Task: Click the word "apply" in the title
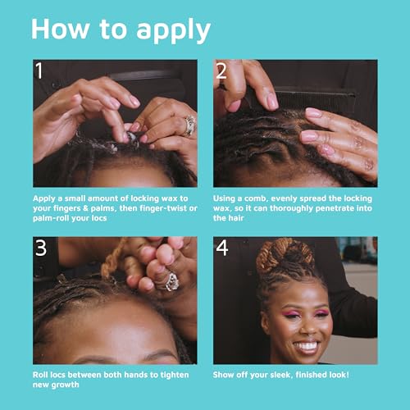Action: click(167, 30)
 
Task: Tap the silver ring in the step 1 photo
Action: click(189, 124)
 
